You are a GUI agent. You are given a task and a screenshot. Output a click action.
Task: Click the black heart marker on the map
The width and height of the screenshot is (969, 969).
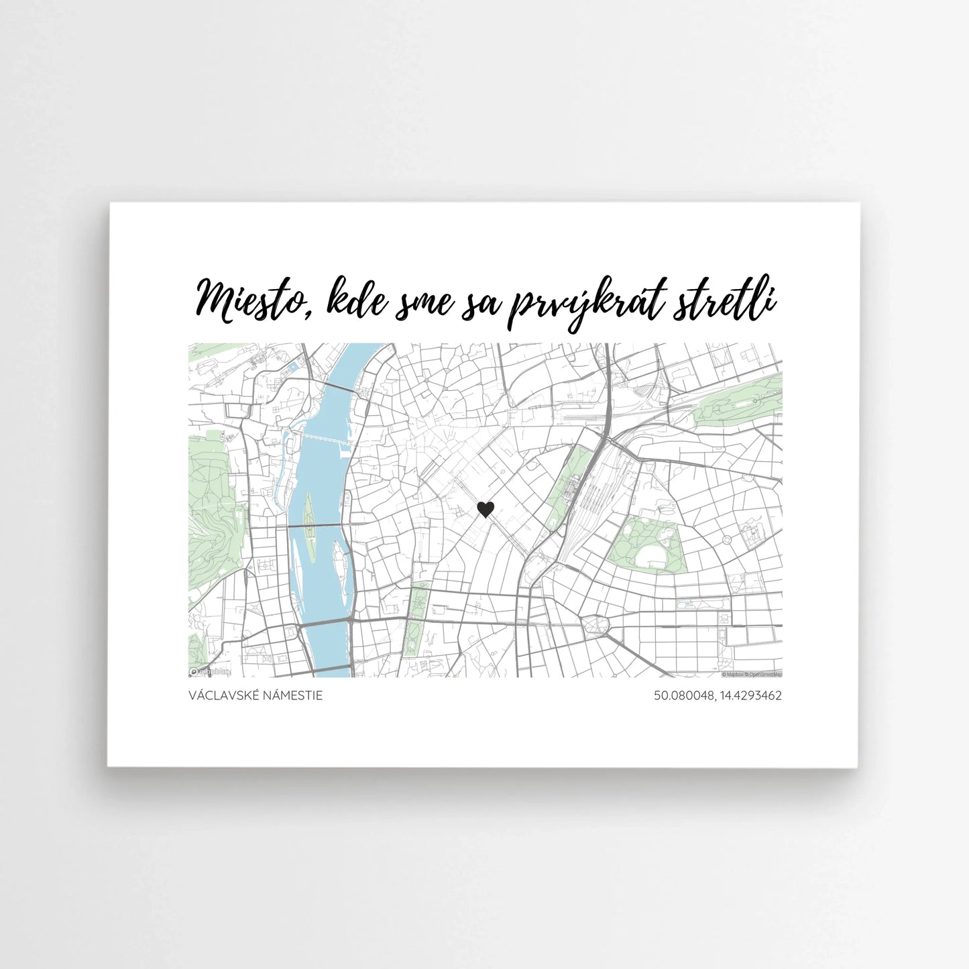pos(485,510)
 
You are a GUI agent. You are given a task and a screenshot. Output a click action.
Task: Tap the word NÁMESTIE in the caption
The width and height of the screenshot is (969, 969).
pos(292,695)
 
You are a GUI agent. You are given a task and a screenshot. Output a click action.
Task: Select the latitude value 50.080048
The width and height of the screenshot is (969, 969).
pos(683,695)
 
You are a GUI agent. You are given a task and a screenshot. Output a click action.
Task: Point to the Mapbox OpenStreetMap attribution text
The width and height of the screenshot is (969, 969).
pos(751,674)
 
